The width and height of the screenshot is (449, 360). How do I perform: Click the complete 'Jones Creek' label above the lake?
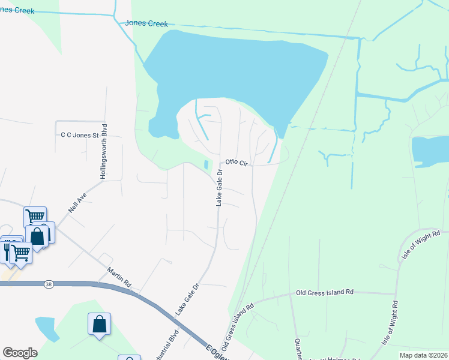[146, 23]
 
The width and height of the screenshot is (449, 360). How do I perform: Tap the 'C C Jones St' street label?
[79, 136]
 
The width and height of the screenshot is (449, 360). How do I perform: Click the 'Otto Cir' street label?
[237, 162]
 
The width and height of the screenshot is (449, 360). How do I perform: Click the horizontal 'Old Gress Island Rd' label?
[325, 293]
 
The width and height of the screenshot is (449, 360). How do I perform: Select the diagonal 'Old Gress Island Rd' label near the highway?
[238, 328]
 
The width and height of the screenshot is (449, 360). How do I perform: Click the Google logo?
[20, 353]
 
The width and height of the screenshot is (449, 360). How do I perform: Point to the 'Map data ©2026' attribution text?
[424, 355]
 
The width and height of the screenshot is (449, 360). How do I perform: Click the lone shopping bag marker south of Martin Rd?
[99, 324]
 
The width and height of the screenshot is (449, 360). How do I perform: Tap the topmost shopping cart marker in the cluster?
[35, 216]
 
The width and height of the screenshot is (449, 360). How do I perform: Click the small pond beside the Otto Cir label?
[208, 164]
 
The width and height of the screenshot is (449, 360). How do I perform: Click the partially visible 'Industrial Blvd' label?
[172, 345]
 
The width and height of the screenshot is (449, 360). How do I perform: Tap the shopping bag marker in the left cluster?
[38, 236]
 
